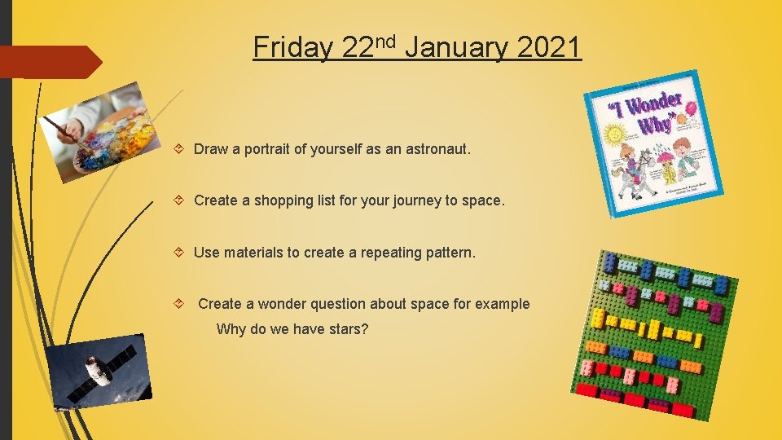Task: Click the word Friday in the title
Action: click(x=292, y=47)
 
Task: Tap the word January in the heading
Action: click(x=456, y=47)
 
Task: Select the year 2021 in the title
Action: click(x=548, y=47)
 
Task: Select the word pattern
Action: click(x=448, y=253)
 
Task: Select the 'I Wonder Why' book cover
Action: click(x=653, y=143)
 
